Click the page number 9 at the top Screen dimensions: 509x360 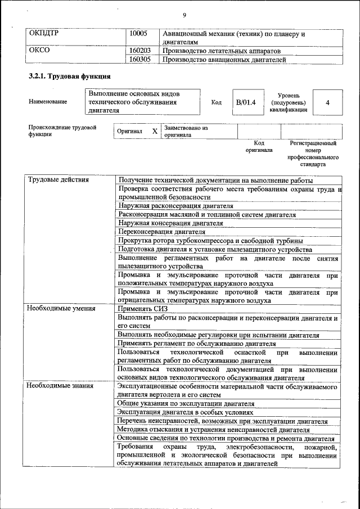tap(184, 15)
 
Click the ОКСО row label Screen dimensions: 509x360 tap(39, 50)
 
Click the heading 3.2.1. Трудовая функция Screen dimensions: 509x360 tap(69, 75)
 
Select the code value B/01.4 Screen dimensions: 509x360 tap(246, 102)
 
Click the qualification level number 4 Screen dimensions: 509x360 tap(327, 102)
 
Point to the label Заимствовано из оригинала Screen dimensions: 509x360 tap(186, 132)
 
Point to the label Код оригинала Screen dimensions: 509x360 tap(259, 147)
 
